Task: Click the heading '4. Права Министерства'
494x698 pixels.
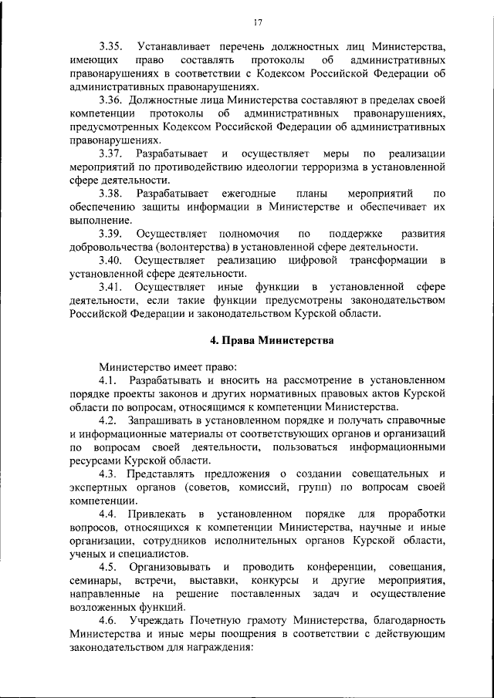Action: (262, 340)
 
